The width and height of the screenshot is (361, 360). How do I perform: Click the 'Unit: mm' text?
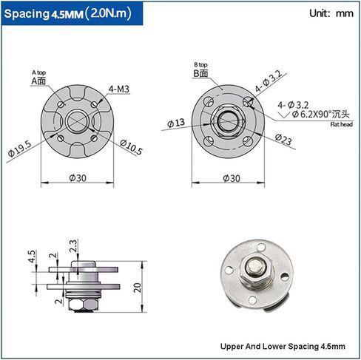(x=330, y=13)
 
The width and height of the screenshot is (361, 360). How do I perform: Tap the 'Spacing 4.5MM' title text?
(x=42, y=14)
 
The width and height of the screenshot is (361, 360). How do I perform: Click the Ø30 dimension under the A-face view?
(x=75, y=178)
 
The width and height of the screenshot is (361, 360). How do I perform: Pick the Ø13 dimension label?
(x=175, y=123)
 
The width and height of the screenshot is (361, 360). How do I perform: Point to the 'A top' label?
(x=38, y=72)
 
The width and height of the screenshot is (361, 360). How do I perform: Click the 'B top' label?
(x=200, y=65)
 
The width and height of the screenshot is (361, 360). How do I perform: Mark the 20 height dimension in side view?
(x=138, y=288)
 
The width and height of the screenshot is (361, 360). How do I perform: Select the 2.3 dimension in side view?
(x=73, y=245)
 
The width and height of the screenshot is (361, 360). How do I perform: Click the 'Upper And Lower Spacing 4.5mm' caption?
(x=283, y=346)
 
